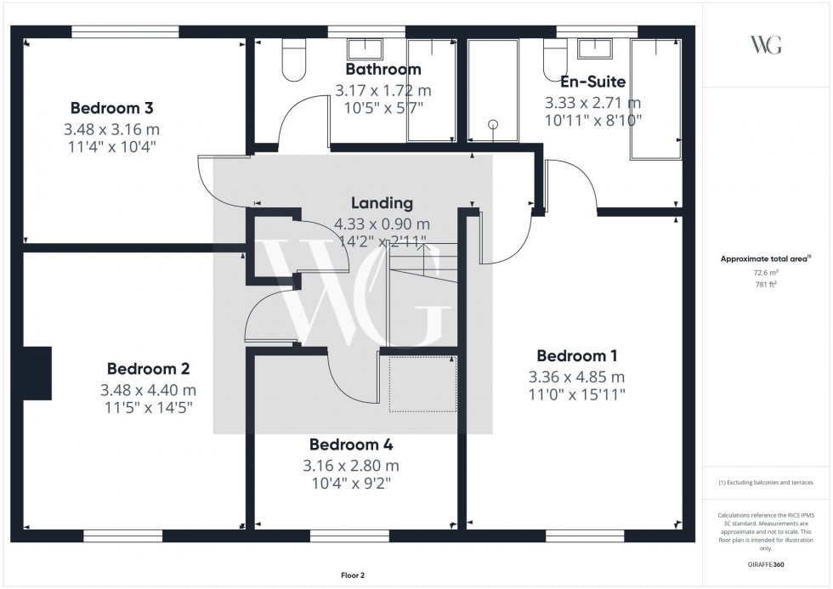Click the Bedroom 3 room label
click(x=111, y=108)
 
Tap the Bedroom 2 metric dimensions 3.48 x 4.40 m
click(x=148, y=390)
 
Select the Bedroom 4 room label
click(x=350, y=445)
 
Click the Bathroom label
click(x=382, y=69)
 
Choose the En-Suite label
click(x=592, y=82)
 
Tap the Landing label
click(x=382, y=203)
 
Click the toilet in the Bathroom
click(x=293, y=62)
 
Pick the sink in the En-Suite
click(x=592, y=48)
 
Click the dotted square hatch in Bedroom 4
click(x=422, y=384)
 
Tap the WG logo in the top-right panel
click(x=766, y=45)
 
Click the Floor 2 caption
click(x=351, y=575)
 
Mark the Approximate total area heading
click(x=765, y=258)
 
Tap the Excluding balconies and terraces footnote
click(x=766, y=483)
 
